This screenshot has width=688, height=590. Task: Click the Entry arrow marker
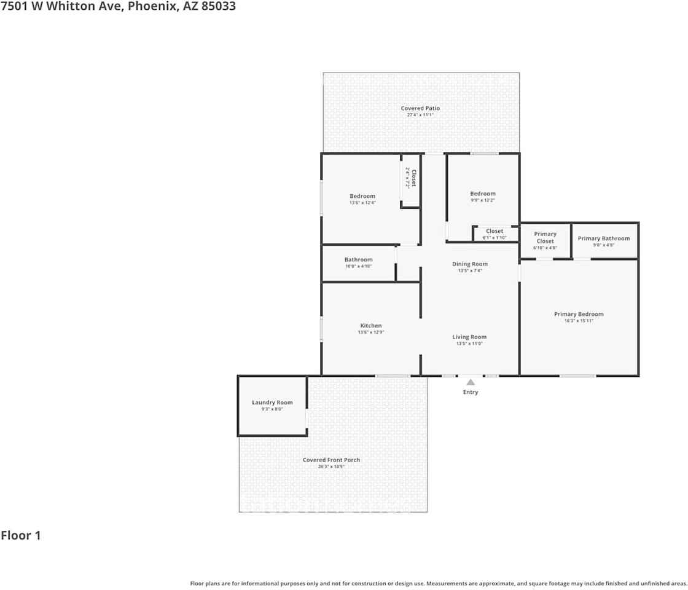tap(471, 382)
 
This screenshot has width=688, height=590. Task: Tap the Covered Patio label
tap(420, 108)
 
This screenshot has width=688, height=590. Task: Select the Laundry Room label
tap(272, 403)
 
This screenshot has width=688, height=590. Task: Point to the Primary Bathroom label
tap(603, 238)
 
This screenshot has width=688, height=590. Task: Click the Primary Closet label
tap(545, 237)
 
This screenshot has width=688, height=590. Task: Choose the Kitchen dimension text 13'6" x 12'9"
tap(370, 332)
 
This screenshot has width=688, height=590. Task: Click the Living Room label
tap(469, 337)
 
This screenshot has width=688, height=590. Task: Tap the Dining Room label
tap(470, 264)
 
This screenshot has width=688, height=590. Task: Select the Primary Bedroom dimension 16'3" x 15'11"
tap(579, 321)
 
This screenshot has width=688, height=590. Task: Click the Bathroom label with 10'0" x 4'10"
tap(358, 259)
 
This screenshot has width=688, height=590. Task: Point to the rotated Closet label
tap(413, 178)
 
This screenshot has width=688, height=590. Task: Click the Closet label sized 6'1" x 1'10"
tap(495, 231)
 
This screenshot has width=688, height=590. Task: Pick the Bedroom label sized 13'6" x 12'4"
tap(362, 196)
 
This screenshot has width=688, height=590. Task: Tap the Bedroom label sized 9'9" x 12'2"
tap(482, 194)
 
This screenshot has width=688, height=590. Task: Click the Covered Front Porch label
tap(331, 460)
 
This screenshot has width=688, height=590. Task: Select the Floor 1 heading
tap(21, 535)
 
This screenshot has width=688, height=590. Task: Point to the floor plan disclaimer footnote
tap(438, 583)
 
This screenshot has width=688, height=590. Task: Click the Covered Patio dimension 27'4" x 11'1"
tap(420, 115)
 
